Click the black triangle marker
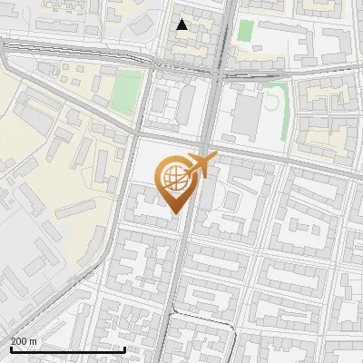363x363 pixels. click(182, 25)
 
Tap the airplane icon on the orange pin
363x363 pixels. click(201, 165)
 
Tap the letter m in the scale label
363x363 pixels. click(34, 342)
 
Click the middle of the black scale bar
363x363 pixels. click(67, 349)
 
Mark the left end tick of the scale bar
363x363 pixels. click(10, 348)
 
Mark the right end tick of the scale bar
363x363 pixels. click(124, 348)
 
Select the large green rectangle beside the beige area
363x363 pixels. click(129, 90)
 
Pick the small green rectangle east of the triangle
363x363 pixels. click(245, 30)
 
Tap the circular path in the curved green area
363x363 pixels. click(271, 101)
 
